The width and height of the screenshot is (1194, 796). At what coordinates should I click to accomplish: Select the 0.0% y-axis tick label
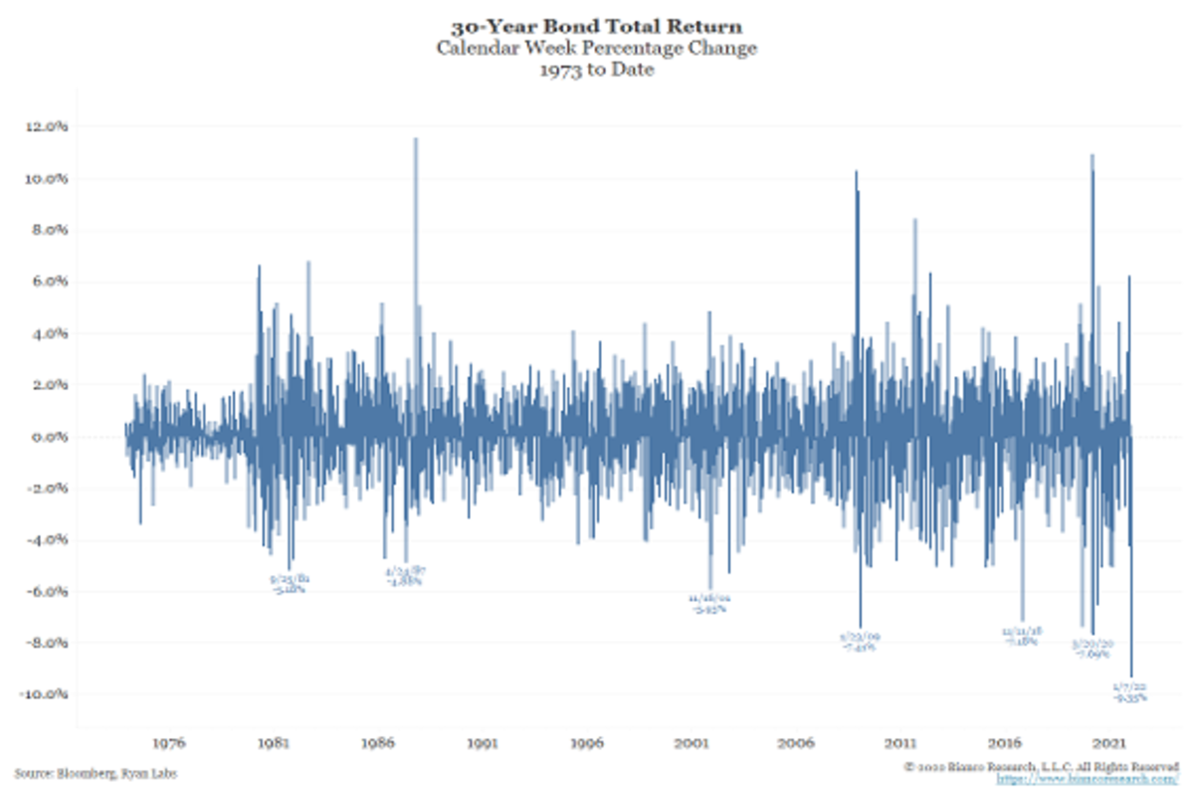[x=47, y=437]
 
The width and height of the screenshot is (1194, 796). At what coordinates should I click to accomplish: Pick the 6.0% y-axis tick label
[x=47, y=282]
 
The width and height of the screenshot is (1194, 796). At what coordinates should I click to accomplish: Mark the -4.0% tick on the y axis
[x=45, y=539]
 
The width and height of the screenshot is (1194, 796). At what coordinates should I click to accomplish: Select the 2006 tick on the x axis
[x=797, y=743]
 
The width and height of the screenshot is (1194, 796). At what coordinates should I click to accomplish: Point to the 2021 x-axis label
[x=1110, y=743]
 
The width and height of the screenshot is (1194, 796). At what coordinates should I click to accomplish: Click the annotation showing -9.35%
[x=1131, y=697]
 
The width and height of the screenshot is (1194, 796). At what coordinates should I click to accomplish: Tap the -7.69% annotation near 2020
[x=1092, y=655]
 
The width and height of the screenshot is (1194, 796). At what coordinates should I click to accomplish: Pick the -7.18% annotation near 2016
[x=1022, y=642]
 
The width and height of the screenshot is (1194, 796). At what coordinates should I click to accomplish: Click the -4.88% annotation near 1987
[x=404, y=581]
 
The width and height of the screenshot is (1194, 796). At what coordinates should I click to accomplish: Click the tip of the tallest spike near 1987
[x=416, y=139]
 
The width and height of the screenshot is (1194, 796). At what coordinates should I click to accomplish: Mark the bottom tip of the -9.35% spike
[x=1131, y=676]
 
